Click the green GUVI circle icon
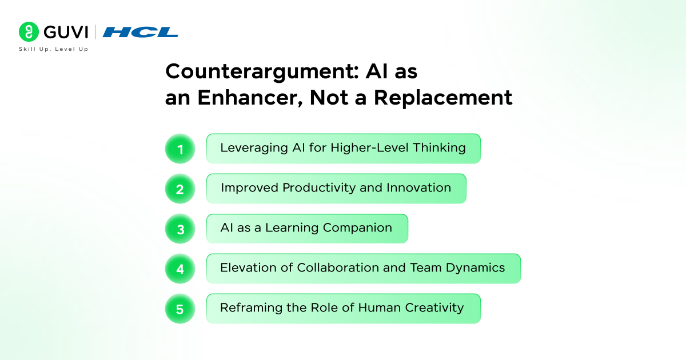29,31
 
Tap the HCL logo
140,32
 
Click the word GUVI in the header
66,32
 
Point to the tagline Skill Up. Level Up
53,49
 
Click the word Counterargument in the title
262,71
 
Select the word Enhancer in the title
250,98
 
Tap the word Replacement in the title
443,98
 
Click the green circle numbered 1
180,149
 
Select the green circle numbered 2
180,189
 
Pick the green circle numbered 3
180,229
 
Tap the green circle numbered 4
180,269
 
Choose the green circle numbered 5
180,309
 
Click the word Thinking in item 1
440,148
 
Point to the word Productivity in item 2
319,188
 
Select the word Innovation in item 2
418,187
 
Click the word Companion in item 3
357,228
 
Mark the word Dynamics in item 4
475,268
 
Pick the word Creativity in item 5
434,308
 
